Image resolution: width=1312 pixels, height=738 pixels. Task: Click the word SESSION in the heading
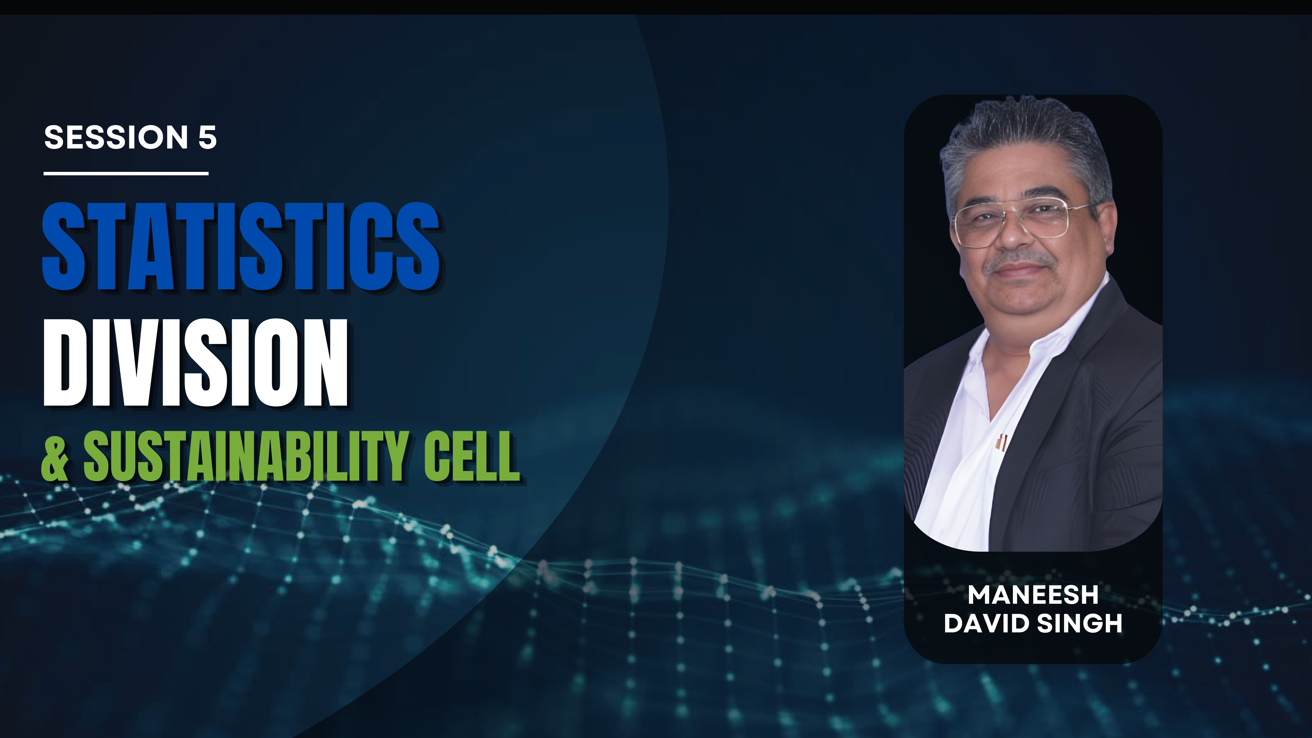(x=116, y=138)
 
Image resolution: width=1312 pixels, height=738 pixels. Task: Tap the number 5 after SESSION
(x=207, y=138)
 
